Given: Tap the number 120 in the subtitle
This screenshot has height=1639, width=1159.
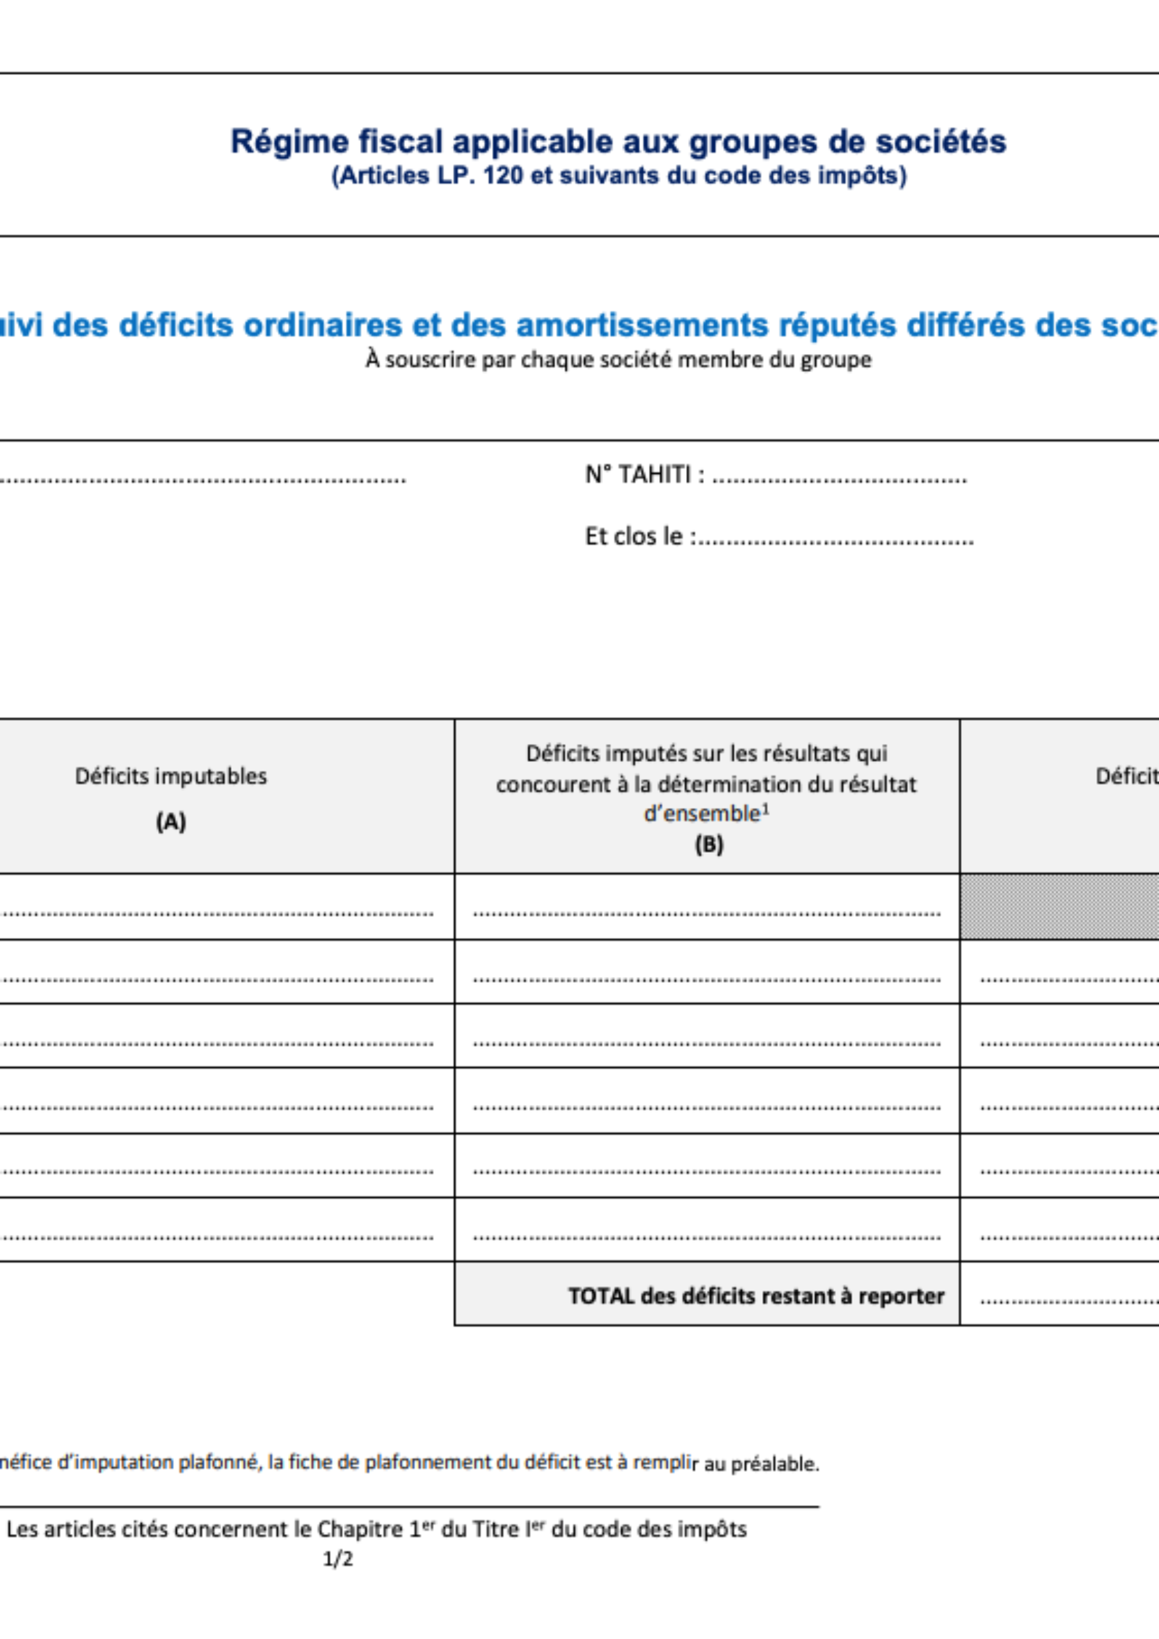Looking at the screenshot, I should click(502, 175).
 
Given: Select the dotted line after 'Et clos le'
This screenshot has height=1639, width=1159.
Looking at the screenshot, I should click(836, 540).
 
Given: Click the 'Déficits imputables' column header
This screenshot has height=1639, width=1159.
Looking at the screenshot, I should click(171, 777).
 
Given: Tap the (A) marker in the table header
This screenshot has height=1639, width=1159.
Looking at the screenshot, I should click(171, 822).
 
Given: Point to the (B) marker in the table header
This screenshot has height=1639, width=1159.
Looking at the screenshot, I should click(708, 845).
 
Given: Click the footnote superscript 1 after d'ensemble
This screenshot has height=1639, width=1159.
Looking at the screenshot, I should click(766, 809).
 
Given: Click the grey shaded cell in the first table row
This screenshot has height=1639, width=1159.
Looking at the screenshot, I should click(1059, 906).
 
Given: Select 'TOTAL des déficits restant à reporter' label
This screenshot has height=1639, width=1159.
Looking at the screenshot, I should click(756, 1296).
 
